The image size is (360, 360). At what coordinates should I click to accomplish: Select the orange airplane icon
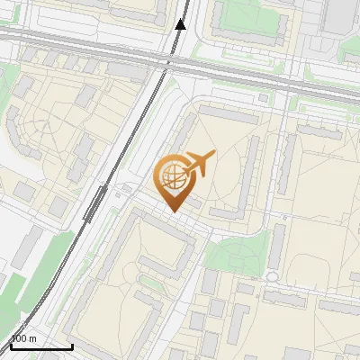point(198,164)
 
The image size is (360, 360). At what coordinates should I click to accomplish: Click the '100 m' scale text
point(24,338)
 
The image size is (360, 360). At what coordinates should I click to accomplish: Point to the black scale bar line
point(41,346)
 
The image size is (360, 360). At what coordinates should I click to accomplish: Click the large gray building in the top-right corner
point(340,15)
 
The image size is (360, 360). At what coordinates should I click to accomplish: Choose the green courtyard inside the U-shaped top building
point(245,14)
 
